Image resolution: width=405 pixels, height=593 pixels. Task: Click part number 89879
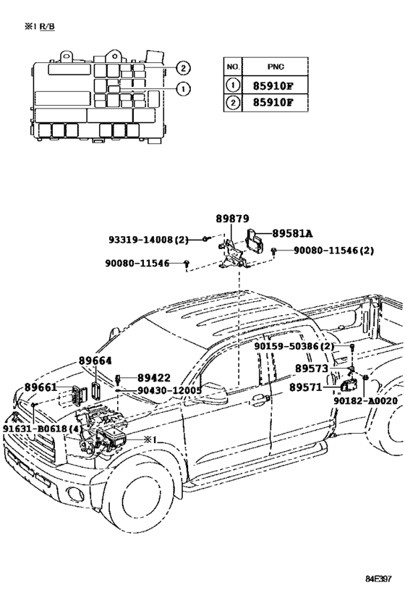[232, 219]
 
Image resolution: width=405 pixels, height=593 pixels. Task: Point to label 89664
[95, 361]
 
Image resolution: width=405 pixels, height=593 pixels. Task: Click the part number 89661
[40, 387]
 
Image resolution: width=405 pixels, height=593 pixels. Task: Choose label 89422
[154, 378]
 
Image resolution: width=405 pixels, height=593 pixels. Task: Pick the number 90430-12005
[169, 390]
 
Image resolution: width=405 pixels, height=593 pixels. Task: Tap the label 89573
[312, 369]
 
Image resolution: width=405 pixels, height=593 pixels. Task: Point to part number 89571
[306, 387]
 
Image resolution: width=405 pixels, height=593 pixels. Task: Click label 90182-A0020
[365, 401]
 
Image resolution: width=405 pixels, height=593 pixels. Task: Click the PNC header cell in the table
[276, 67]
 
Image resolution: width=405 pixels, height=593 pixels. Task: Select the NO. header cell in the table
[233, 67]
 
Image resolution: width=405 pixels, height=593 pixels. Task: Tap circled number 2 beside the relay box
[183, 68]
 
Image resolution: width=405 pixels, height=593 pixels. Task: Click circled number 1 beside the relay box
[183, 89]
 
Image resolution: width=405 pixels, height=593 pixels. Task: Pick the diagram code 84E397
[378, 579]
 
